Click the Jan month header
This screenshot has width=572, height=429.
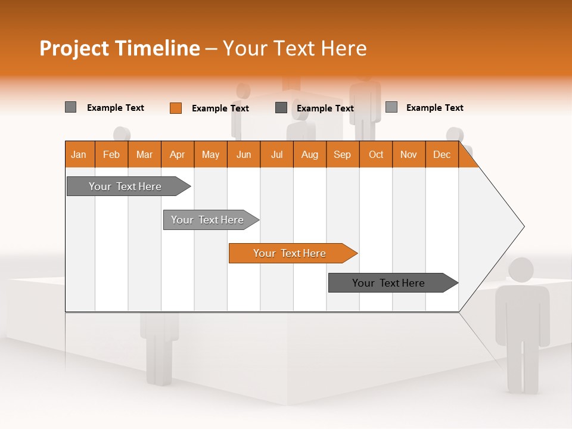pos(79,154)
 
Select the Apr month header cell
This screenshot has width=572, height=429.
pos(178,154)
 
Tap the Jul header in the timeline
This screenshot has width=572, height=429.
pos(276,154)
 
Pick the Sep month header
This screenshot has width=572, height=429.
pos(343,154)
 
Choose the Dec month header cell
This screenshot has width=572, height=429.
pos(442,154)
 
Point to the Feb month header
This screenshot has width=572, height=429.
pos(111,154)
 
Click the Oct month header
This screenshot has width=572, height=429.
pos(376,154)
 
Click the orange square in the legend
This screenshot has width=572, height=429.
pos(176,108)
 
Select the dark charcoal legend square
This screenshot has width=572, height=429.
pos(281,108)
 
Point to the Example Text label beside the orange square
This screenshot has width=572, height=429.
pos(220,108)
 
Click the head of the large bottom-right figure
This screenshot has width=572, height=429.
pos(521,270)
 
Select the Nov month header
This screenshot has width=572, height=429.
pos(409,154)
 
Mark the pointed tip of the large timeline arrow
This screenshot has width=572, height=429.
pos(523,226)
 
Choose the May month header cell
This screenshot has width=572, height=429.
pos(210,154)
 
